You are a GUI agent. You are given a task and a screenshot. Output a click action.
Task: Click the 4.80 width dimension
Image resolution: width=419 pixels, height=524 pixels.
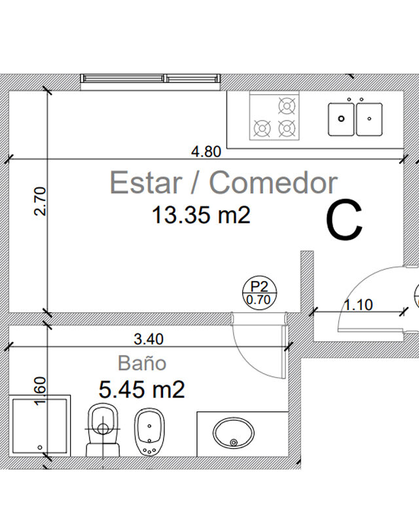[206, 152]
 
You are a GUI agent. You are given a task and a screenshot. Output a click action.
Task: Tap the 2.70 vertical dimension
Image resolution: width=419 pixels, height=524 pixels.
[40, 201]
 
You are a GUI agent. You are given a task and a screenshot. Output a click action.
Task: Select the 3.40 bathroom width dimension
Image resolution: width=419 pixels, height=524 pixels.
[149, 339]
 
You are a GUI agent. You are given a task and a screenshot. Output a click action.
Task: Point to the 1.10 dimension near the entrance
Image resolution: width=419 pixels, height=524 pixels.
[358, 305]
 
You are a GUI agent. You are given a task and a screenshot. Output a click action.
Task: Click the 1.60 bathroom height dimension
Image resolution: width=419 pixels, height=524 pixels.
[40, 391]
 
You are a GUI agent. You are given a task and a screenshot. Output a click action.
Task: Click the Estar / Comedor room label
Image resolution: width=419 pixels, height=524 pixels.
[223, 183]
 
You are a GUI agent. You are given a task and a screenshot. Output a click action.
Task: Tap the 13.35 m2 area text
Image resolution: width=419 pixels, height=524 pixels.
[201, 215]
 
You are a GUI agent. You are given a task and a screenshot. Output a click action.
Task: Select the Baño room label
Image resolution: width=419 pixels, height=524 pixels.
[142, 363]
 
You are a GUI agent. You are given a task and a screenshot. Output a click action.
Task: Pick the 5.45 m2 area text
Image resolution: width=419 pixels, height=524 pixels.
[141, 390]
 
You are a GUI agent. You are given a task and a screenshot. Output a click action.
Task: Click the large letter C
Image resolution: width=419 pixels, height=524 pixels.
[344, 219]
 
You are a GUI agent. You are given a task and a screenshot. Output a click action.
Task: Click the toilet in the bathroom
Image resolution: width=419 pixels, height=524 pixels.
[103, 430]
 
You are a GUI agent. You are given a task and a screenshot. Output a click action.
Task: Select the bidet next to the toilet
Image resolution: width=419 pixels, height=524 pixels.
[149, 432]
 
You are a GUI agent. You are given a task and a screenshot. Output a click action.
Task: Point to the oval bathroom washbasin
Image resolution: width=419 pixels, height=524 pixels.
[233, 433]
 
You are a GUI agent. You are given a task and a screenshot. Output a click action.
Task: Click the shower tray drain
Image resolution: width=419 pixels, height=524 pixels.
[40, 447]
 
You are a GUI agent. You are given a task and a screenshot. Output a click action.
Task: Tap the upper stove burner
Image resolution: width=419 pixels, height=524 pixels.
[287, 106]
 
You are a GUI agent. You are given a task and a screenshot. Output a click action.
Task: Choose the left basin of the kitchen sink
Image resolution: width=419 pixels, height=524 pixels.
[341, 119]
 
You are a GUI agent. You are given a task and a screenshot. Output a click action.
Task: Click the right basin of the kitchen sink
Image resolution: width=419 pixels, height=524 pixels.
[369, 119]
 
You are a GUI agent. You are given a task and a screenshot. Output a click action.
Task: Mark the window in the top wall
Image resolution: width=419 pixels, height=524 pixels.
[151, 79]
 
